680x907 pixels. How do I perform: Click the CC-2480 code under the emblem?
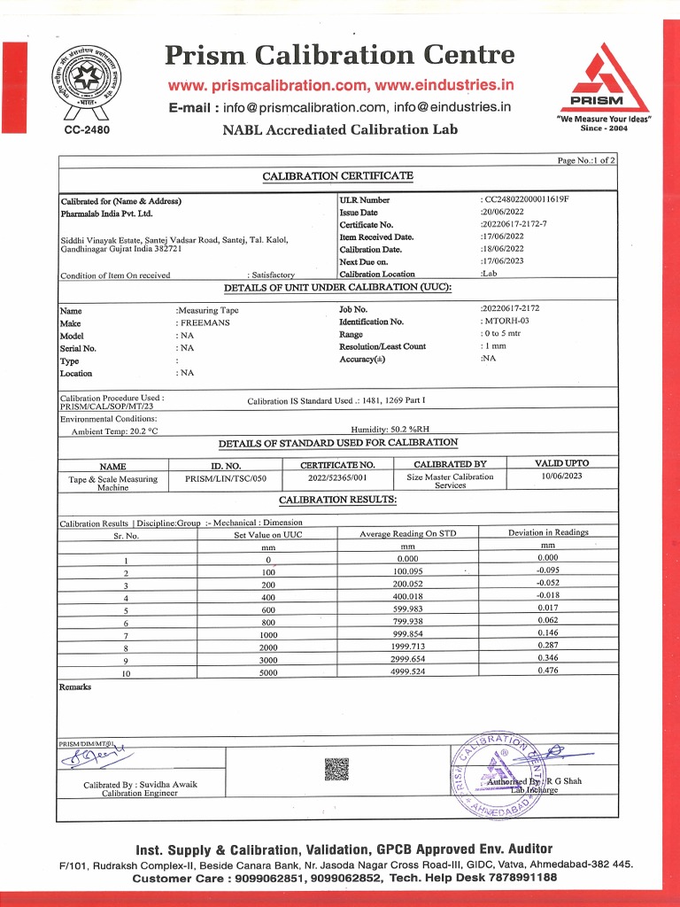pos(87,130)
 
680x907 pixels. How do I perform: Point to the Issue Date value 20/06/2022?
pos(503,213)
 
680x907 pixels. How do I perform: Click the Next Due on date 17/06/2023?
pos(503,261)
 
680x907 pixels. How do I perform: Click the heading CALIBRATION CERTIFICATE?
pos(337,176)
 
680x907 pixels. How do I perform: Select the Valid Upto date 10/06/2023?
pos(561,476)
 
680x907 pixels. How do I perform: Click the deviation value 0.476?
pos(547,671)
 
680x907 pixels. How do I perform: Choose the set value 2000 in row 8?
pos(267,647)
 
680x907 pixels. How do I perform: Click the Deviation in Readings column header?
pos(547,532)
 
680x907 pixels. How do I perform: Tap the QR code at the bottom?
pos(336,769)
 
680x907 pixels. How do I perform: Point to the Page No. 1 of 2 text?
pos(586,159)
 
